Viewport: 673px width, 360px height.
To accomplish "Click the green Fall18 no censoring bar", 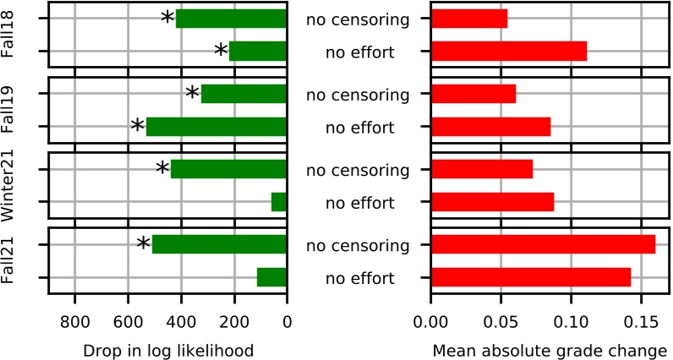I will click(x=231, y=18).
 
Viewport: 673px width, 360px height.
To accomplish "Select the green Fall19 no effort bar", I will click(x=216, y=128).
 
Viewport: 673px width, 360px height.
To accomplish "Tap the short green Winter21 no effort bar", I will click(x=279, y=202).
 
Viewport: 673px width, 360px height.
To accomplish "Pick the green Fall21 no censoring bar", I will click(x=219, y=244).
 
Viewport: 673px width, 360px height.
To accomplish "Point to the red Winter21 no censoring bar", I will click(x=482, y=169).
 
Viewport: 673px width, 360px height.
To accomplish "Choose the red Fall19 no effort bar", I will click(x=490, y=128).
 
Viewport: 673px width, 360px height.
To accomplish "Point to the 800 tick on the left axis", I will click(x=74, y=321).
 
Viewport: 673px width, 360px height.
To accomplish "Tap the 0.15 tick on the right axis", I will click(x=640, y=321).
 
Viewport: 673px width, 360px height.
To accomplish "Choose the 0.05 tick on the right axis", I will click(x=501, y=321).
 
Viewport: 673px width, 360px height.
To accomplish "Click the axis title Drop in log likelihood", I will click(x=167, y=348).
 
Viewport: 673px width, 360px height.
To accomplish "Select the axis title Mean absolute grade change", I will click(x=550, y=348).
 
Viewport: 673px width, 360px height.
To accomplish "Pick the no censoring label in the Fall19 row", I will click(x=358, y=94).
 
